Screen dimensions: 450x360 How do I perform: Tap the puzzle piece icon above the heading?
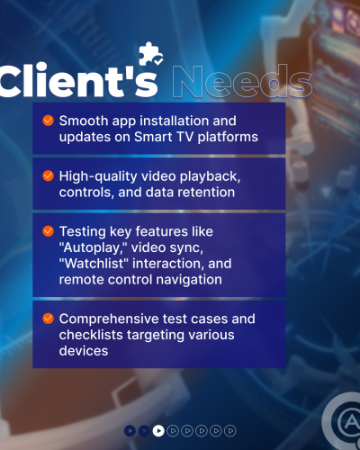click(148, 55)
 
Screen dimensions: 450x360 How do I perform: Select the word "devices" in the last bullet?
click(85, 351)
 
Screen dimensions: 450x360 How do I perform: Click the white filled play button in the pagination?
click(158, 430)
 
